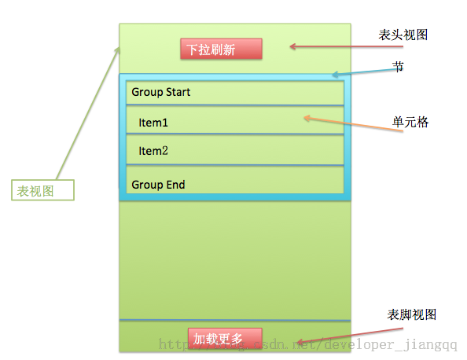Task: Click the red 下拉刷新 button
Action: point(220,49)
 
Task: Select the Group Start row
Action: point(235,93)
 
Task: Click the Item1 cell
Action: point(235,123)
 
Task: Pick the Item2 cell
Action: point(235,151)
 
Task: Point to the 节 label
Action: point(399,68)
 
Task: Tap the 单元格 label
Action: point(410,123)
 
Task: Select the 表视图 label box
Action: point(42,189)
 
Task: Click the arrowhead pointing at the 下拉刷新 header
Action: point(292,46)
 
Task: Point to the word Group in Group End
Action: point(147,185)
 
